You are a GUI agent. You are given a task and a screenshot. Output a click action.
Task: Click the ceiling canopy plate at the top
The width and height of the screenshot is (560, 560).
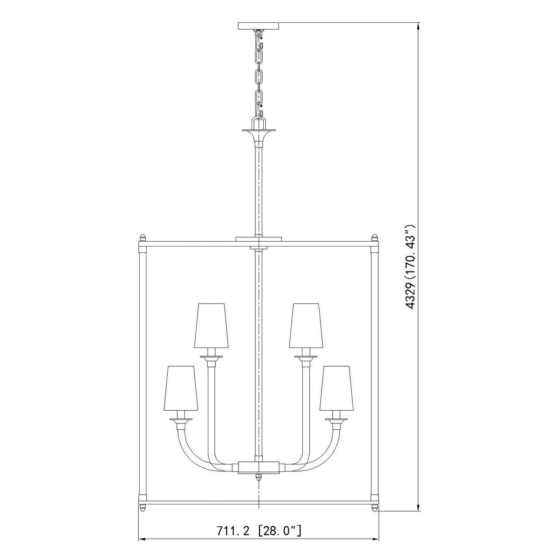[x=258, y=26]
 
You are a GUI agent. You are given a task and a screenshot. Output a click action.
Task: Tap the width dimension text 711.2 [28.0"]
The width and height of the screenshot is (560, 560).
[x=258, y=531]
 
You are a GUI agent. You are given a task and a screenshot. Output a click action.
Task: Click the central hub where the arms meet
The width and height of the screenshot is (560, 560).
[x=259, y=467]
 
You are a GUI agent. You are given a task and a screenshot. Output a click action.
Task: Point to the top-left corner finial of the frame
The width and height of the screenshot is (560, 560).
[x=142, y=238]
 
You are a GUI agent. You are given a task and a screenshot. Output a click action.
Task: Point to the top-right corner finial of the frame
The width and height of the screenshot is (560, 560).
[x=375, y=238]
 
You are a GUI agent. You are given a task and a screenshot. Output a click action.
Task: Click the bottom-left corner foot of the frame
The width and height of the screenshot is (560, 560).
[x=142, y=508]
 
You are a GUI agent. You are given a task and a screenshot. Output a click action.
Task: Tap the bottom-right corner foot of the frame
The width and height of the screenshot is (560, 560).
[x=375, y=508]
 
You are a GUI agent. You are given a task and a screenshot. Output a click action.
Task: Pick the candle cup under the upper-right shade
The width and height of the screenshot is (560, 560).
[x=306, y=358]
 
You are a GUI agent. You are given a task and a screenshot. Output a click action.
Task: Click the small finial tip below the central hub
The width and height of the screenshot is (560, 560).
[x=259, y=478]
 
